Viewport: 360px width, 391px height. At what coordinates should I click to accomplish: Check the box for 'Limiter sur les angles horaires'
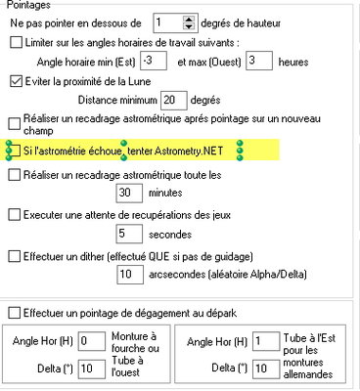16,42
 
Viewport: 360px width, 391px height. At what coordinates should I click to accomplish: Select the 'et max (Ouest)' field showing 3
256,62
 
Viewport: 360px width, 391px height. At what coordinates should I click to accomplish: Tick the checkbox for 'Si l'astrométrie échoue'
16,150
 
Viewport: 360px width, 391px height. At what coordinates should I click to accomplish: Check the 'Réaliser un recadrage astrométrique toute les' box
16,175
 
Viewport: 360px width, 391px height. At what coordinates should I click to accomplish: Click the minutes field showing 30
129,194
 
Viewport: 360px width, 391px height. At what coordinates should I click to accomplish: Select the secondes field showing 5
129,234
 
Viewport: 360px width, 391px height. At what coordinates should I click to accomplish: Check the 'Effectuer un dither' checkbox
16,256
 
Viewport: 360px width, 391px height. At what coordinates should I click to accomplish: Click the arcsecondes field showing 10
129,276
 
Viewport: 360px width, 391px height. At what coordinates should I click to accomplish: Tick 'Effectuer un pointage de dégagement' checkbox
14,312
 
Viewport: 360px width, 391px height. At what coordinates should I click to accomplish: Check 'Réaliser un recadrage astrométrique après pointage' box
16,123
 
